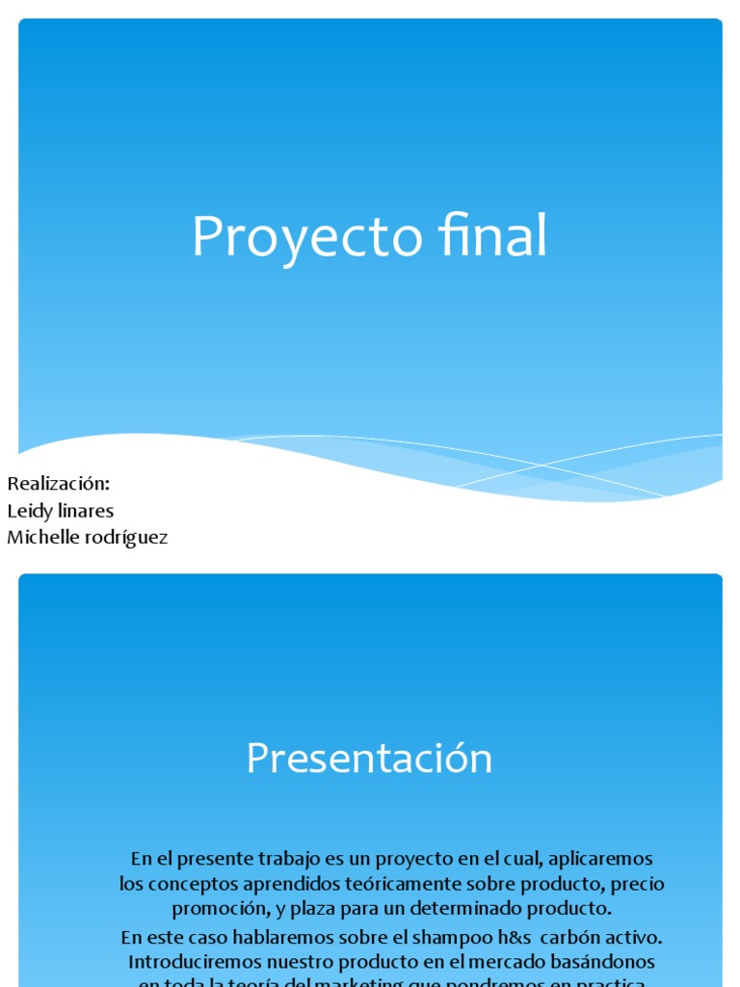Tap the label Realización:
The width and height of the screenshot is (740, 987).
click(58, 483)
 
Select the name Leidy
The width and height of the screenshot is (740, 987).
click(29, 511)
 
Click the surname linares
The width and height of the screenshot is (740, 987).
click(84, 511)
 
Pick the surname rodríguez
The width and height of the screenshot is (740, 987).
click(126, 539)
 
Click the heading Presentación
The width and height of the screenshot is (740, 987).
click(369, 759)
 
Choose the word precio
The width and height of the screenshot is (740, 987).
click(638, 884)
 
